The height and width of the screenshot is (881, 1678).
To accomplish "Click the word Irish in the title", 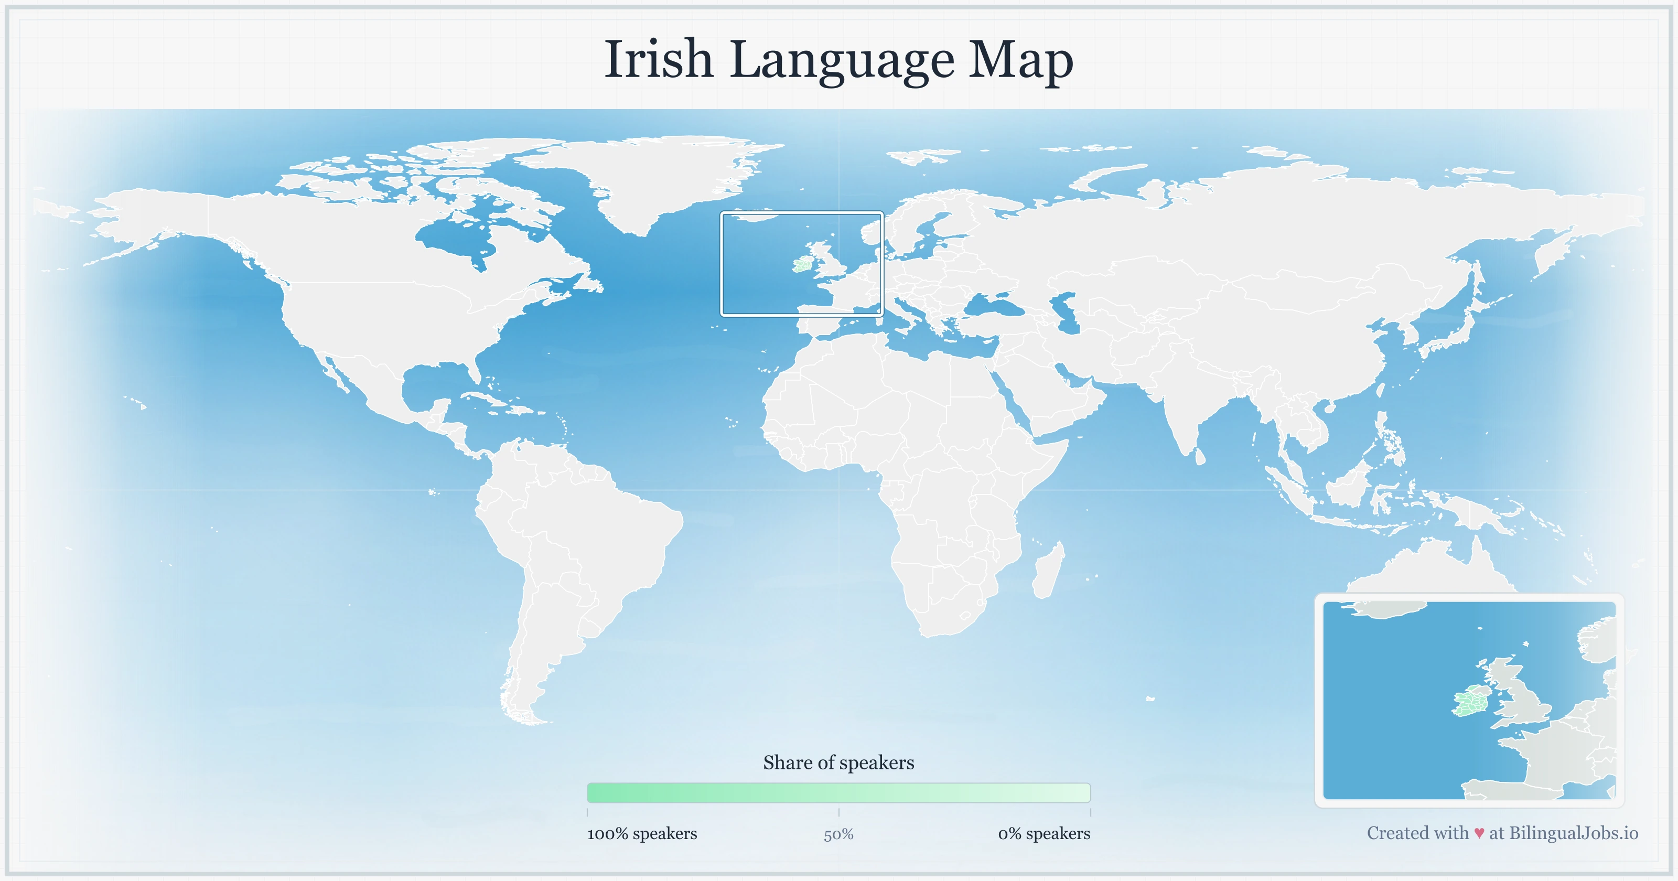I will coord(659,60).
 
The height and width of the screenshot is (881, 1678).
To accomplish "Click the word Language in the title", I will coord(842,60).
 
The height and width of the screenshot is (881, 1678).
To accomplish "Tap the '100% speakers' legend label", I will coord(642,833).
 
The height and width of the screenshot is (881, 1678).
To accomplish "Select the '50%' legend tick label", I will coord(838,835).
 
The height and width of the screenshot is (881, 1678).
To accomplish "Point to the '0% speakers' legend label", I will coord(1044,833).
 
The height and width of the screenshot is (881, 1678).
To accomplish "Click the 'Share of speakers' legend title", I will coord(838,762).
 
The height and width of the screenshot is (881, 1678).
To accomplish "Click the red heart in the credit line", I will coord(1479,833).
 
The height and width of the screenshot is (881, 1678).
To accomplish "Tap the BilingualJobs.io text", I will coord(1573,833).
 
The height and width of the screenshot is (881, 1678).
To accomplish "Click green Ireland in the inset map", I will coord(1469,703).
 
